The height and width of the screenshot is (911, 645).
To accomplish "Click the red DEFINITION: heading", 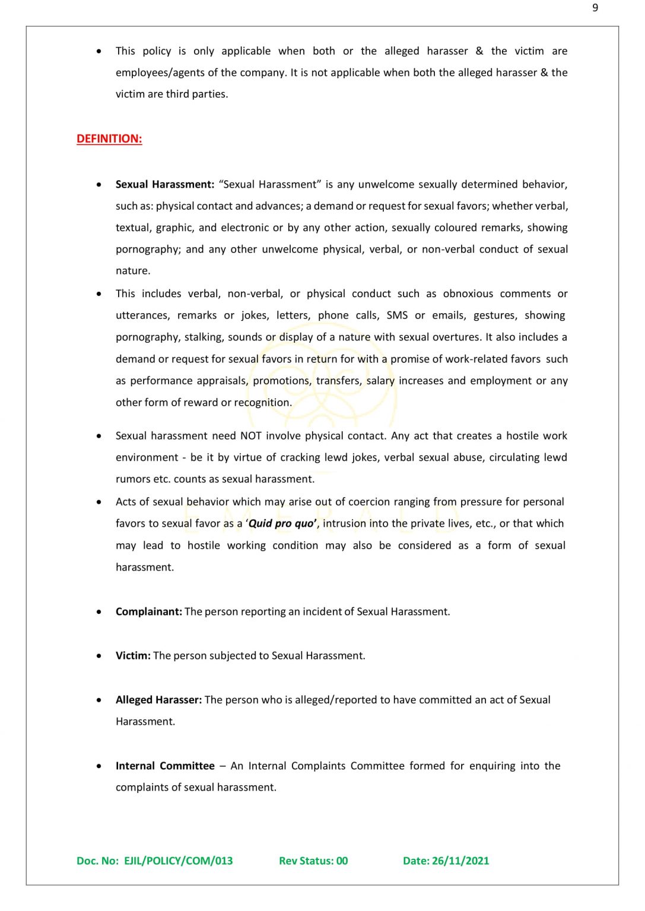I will coord(109,139).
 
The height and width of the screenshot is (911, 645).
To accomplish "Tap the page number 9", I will coord(595,8).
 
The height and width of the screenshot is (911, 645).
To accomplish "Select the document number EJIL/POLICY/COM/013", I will coord(178,861).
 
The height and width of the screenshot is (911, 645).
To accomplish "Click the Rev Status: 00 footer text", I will coord(313,861).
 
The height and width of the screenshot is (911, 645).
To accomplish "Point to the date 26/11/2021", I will coord(460,861).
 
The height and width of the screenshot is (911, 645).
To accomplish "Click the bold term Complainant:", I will coord(149,611).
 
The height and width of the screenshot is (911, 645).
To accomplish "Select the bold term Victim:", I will coord(133,655).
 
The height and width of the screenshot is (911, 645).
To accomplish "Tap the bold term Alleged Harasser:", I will coord(158,700).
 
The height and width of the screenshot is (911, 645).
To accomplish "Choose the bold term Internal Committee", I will coord(165,766).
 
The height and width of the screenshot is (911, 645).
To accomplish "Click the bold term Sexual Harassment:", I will coord(165,184).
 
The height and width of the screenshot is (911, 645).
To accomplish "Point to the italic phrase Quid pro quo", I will coord(282,524).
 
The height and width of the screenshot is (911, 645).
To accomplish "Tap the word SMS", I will coord(397,316).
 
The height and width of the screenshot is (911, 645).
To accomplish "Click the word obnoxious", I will coord(468,294).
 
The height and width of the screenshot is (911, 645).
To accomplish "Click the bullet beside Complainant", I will coord(99,611).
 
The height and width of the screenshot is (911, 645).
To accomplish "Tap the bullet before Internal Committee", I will coord(99,766).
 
